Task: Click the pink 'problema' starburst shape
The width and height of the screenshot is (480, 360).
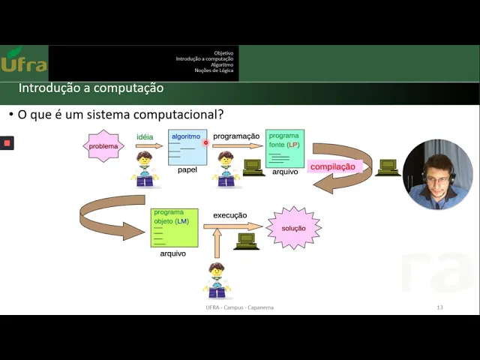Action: click(103, 146)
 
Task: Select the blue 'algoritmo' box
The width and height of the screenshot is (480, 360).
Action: click(187, 147)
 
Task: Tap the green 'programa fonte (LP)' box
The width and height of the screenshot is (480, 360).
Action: click(284, 148)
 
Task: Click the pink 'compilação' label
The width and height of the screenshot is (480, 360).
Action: click(332, 167)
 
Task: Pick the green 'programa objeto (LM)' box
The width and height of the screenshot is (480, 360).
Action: click(174, 228)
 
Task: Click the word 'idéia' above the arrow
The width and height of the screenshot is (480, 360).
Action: click(145, 137)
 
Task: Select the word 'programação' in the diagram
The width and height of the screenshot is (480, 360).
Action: click(236, 136)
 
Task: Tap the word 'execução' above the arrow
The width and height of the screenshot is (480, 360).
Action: click(229, 215)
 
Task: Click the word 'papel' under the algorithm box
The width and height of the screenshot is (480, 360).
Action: click(187, 170)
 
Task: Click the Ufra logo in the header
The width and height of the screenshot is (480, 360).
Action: click(23, 61)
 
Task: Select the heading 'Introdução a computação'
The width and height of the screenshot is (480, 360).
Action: click(91, 88)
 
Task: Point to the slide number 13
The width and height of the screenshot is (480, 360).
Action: click(439, 307)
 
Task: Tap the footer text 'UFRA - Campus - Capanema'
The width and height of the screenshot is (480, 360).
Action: click(239, 307)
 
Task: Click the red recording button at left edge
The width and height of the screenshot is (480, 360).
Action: click(7, 142)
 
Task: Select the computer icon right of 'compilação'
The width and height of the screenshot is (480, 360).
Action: click(388, 167)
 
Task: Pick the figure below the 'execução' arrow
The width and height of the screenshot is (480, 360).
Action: click(217, 280)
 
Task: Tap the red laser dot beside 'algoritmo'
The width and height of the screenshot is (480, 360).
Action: click(205, 142)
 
